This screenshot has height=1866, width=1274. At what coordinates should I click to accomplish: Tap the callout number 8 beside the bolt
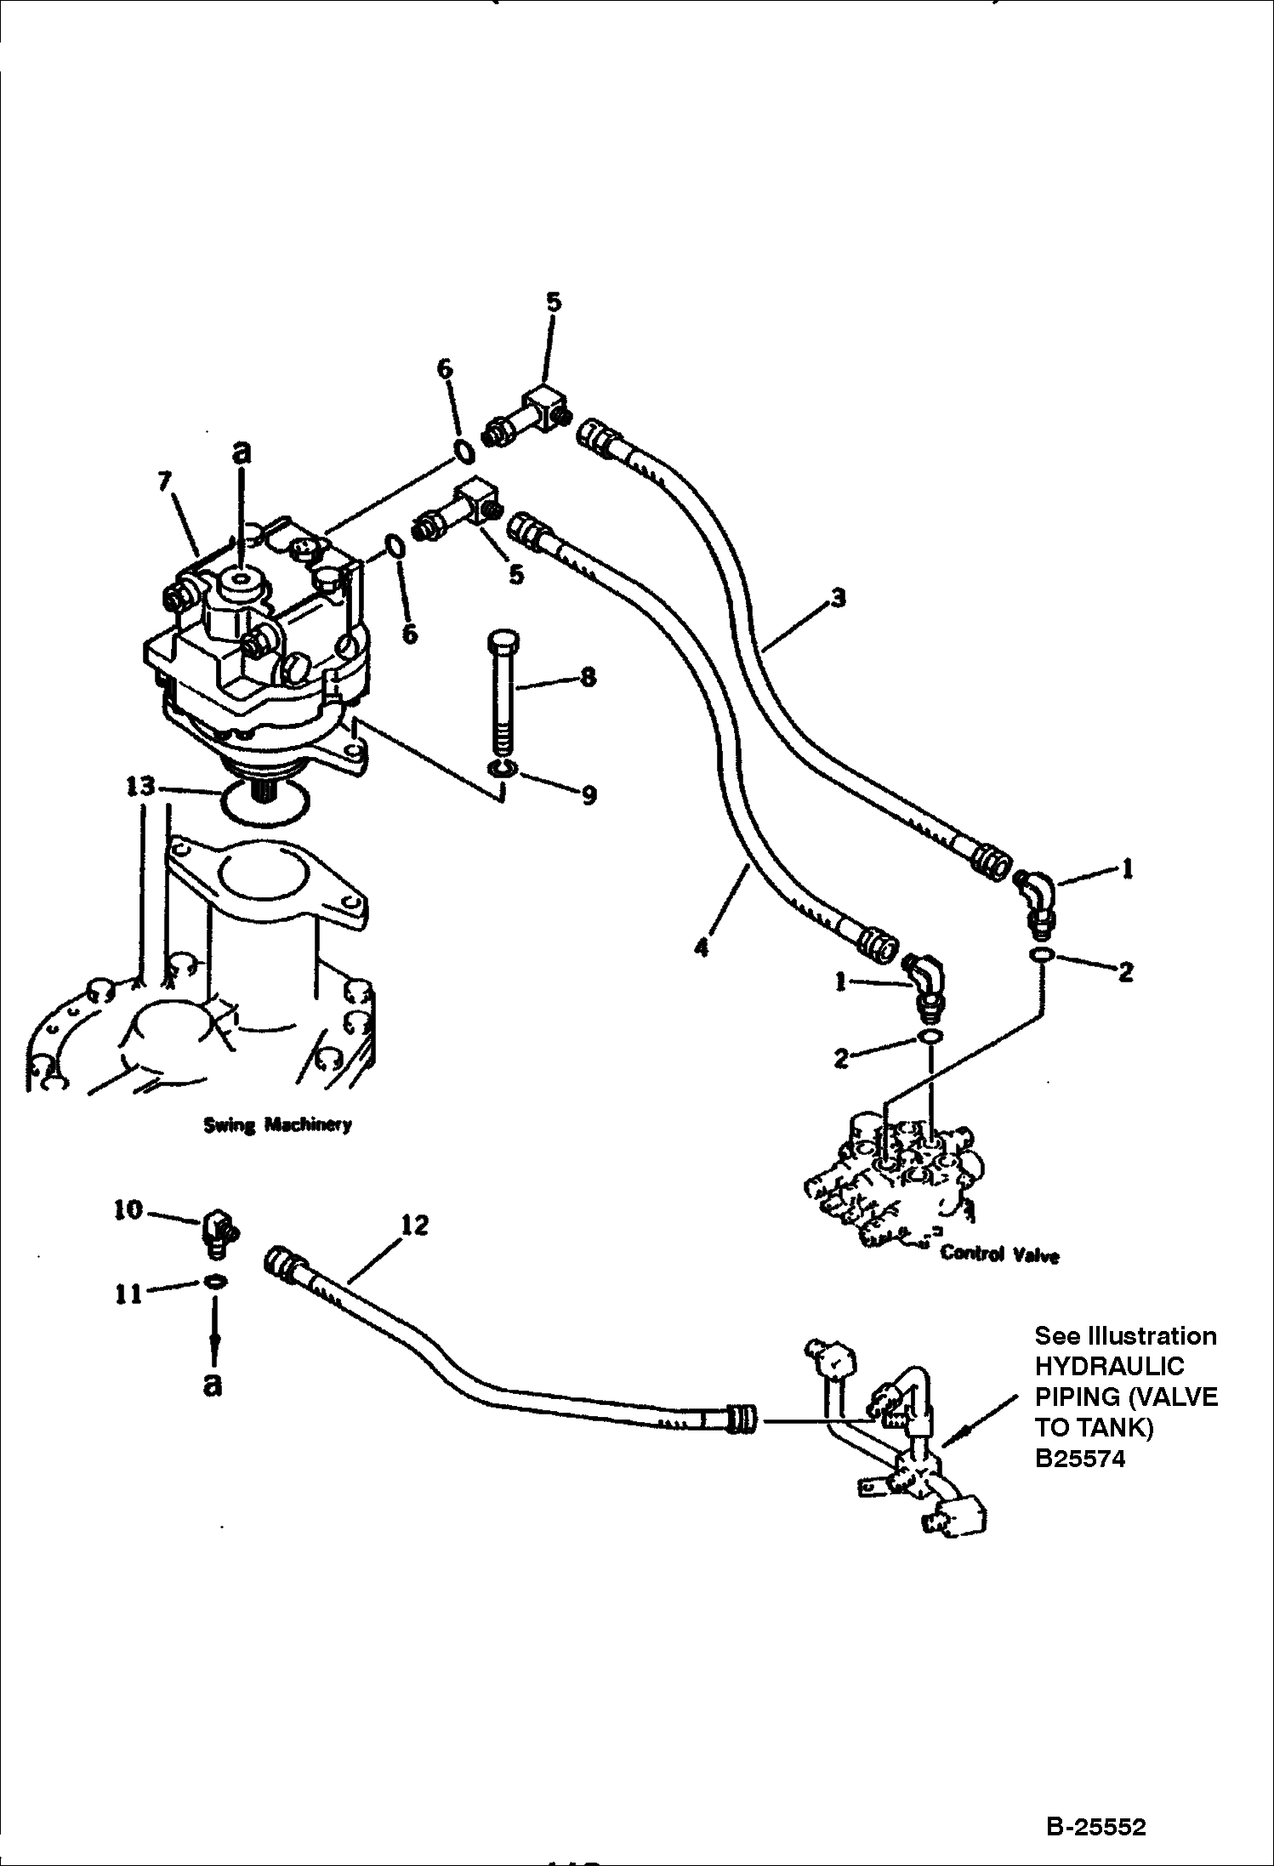(588, 677)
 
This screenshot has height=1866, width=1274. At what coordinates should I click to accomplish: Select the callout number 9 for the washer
(589, 794)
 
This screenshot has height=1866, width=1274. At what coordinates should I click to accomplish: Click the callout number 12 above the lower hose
(414, 1225)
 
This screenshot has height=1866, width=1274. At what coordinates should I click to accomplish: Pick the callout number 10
(128, 1209)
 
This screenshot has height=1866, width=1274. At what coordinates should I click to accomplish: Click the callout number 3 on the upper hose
(838, 598)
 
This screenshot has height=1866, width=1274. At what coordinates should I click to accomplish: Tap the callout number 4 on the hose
(701, 947)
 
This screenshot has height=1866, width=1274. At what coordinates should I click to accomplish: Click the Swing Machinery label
(277, 1124)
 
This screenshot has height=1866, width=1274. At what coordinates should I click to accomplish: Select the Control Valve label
(999, 1254)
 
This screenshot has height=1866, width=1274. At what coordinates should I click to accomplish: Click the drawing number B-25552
(1095, 1824)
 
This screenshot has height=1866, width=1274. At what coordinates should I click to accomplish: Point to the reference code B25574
(1079, 1459)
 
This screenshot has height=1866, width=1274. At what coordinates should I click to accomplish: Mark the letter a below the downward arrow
(213, 1385)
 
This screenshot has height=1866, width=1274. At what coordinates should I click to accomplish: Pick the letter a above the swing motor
(242, 452)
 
